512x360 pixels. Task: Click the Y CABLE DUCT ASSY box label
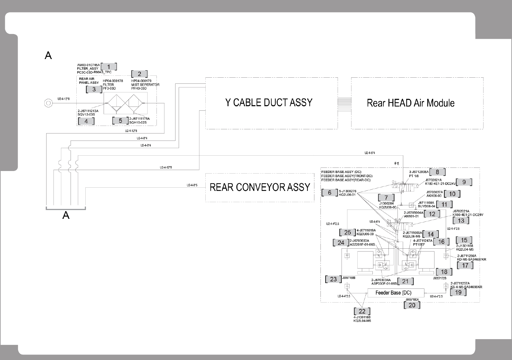point(269,102)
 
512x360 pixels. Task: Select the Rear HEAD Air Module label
point(411,103)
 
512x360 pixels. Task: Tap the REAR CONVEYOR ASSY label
point(260,187)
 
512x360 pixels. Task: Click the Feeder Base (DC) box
point(393,293)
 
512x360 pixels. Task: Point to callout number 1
point(109,67)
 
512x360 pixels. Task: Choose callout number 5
point(120,121)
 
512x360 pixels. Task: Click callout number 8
point(437,172)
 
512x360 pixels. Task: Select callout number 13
point(461,220)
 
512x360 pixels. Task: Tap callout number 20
point(412,305)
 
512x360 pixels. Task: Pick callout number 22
point(362,311)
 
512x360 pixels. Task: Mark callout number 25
point(347,232)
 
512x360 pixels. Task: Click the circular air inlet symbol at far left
point(48,103)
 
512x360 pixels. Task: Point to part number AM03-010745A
point(88,65)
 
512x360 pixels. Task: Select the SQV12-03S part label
point(86,114)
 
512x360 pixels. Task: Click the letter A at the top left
point(48,56)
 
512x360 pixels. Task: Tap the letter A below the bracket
point(66,215)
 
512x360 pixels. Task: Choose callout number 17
point(465,265)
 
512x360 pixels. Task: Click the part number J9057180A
point(412,299)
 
